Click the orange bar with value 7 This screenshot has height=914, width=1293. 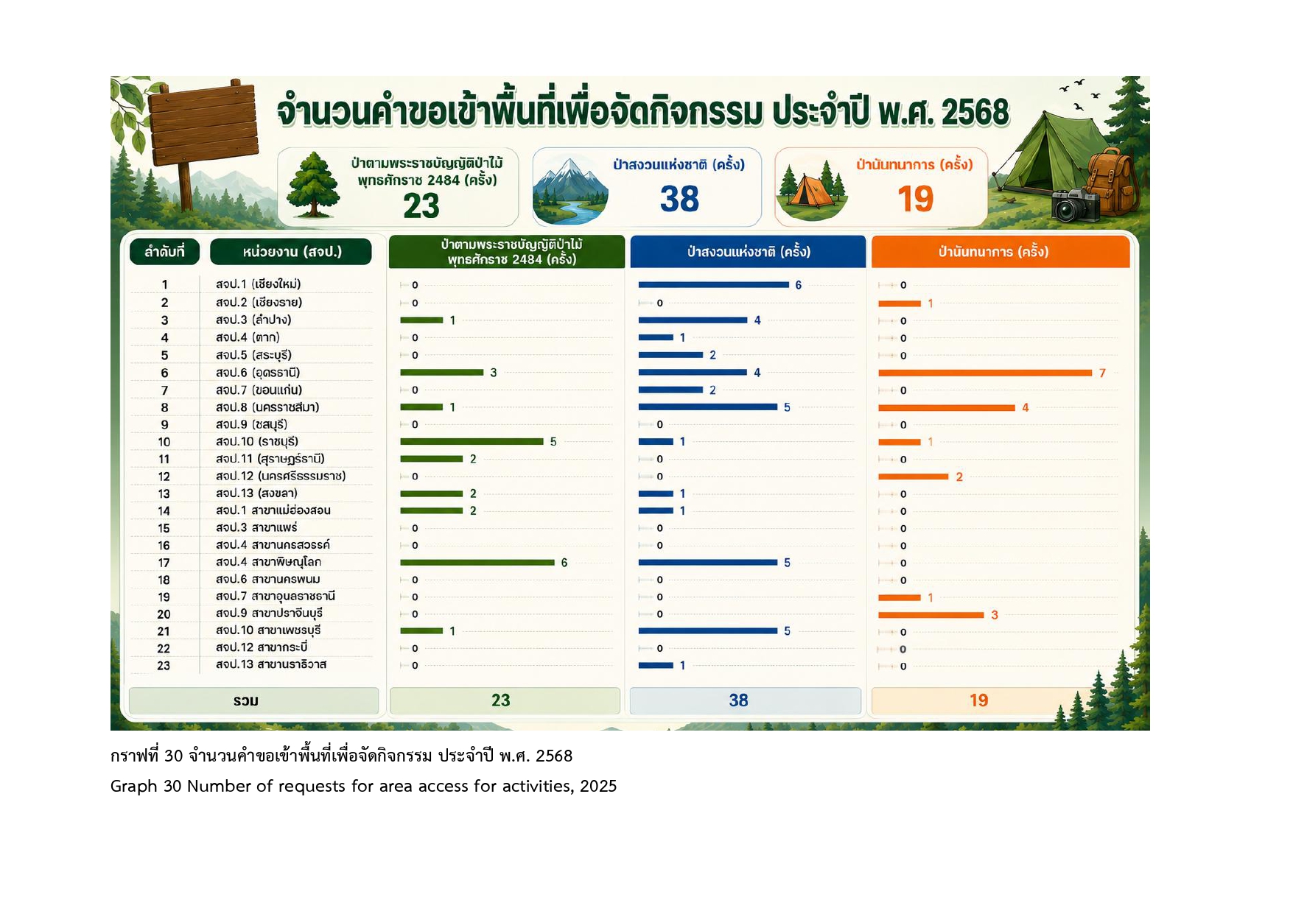[985, 373]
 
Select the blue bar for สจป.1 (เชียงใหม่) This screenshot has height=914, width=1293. [713, 284]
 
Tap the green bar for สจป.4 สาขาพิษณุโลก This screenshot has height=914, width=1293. [477, 563]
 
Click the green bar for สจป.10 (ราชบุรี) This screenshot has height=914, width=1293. [472, 442]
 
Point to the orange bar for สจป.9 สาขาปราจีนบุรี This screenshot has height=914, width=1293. [931, 615]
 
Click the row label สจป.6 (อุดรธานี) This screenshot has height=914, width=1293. [258, 373]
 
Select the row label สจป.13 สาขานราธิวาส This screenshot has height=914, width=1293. [271, 664]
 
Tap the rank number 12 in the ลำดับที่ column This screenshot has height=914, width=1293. [164, 477]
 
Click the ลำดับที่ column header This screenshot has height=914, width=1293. [164, 252]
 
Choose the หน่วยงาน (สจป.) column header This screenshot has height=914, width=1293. [291, 252]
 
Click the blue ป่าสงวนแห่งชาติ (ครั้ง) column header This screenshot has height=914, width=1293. [748, 252]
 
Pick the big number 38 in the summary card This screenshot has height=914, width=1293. [679, 199]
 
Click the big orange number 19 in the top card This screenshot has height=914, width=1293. [915, 199]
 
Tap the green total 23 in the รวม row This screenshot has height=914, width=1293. [501, 700]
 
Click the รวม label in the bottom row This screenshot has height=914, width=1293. [246, 700]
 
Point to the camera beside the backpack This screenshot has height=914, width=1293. [1075, 205]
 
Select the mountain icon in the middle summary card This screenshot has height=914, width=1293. [570, 191]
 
